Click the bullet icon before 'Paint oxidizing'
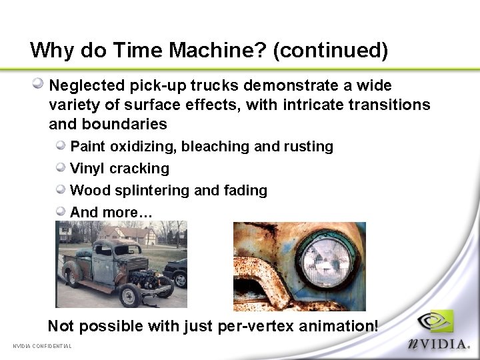[61, 145]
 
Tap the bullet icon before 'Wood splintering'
[61, 189]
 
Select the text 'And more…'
[111, 212]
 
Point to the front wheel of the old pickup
[129, 294]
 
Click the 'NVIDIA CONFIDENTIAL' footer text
[42, 345]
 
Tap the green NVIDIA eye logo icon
[437, 323]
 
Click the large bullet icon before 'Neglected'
[39, 85]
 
